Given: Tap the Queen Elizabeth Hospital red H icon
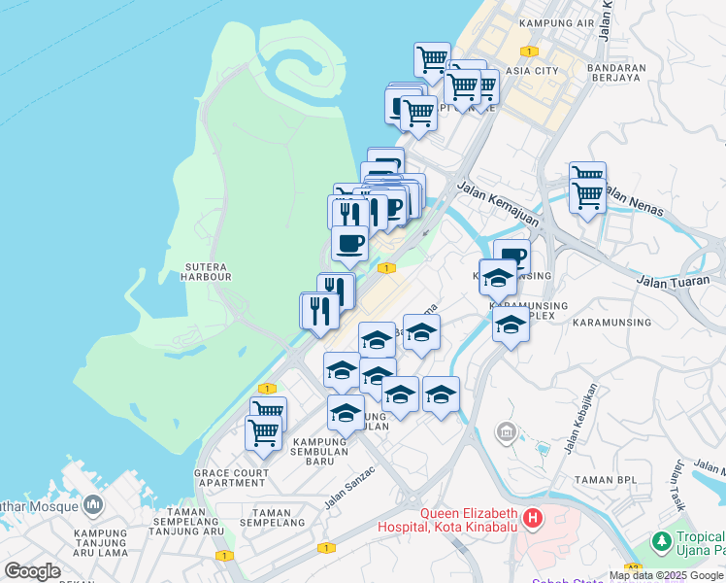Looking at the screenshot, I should point(532,518).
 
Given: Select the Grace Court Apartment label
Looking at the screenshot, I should point(231,477).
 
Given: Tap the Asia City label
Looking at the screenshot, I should point(533,71).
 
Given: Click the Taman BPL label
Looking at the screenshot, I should point(608,480).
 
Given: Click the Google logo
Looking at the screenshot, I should point(32,571).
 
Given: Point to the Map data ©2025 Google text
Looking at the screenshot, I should point(667,575).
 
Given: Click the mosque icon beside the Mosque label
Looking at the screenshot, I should point(93,504).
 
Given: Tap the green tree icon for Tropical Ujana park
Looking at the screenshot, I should point(661,540).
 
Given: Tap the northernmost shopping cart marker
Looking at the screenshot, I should point(431,59).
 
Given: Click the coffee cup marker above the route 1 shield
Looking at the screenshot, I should point(349,242).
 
